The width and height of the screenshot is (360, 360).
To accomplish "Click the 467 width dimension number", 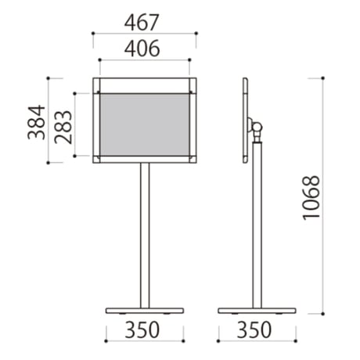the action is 142,23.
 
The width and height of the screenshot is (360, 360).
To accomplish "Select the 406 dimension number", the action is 142,49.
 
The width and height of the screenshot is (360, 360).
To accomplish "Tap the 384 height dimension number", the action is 37,122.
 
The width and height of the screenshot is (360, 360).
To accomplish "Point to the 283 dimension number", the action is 63,128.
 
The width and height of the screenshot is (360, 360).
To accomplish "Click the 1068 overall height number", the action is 311,198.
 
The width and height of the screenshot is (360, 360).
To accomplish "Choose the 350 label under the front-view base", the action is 142,329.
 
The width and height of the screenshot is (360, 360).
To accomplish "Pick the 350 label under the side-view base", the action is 254,329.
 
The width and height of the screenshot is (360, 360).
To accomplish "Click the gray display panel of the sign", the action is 145,124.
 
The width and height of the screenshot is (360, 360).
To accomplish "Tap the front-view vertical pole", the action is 145,236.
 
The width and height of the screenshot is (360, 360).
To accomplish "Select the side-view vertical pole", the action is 257,225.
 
